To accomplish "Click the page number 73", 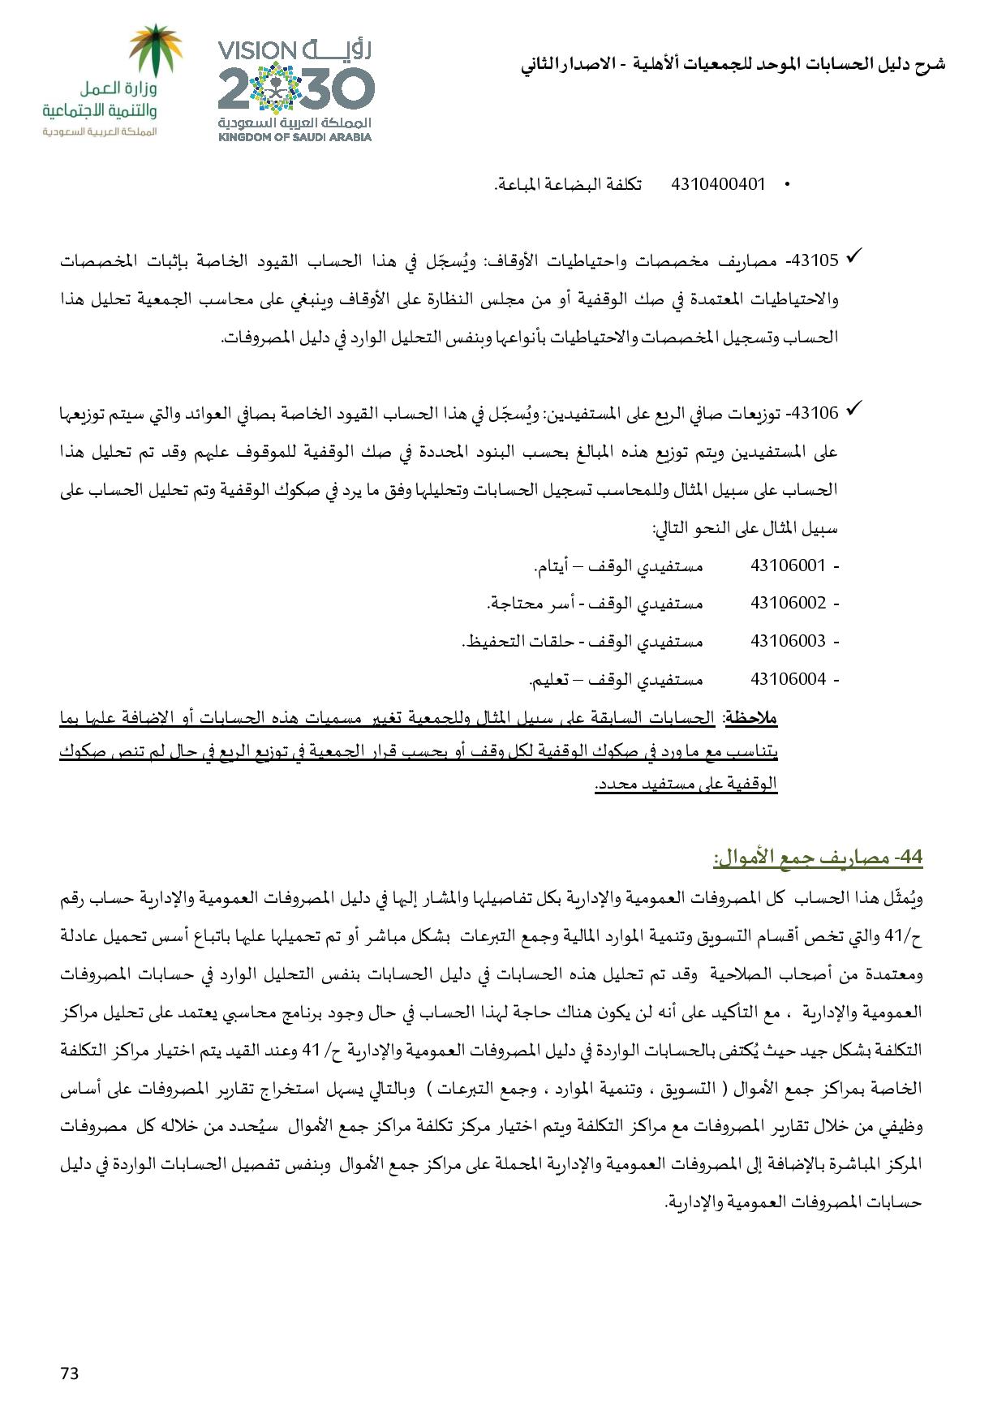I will point(69,1373).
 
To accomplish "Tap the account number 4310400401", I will point(718,184).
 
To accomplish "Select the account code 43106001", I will point(788,565).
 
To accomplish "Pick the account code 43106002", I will point(788,603).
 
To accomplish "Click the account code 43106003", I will point(788,641).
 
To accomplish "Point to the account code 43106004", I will point(788,678).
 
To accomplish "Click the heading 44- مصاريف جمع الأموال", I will point(818,858).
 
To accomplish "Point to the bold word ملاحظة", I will point(750,718).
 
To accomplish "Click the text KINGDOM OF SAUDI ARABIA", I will point(294,137).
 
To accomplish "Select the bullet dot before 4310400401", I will point(786,186).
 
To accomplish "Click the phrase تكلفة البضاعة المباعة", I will point(568,184).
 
